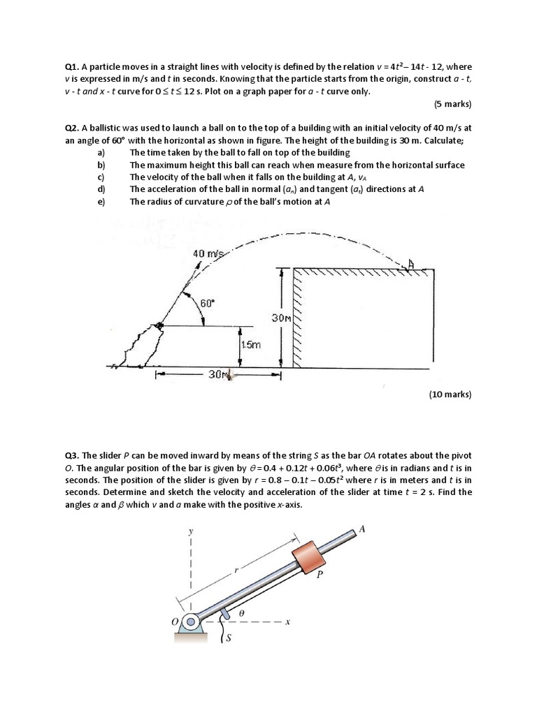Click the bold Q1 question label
(x=72, y=68)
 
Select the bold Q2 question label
(x=72, y=128)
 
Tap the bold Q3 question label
(x=72, y=456)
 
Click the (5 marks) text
(x=452, y=104)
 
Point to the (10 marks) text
(x=450, y=395)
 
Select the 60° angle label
(x=208, y=303)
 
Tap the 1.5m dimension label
(x=250, y=345)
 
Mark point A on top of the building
(x=412, y=264)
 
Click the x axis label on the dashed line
(x=288, y=621)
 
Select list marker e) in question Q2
(x=101, y=202)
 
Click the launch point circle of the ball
(x=159, y=325)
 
